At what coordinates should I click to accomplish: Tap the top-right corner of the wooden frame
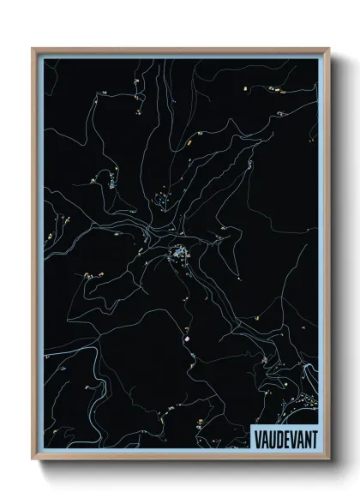click(329, 49)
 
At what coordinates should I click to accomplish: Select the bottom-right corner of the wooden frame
click(329, 460)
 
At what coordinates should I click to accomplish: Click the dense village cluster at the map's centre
click(179, 254)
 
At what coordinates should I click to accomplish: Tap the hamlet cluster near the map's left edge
click(89, 275)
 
